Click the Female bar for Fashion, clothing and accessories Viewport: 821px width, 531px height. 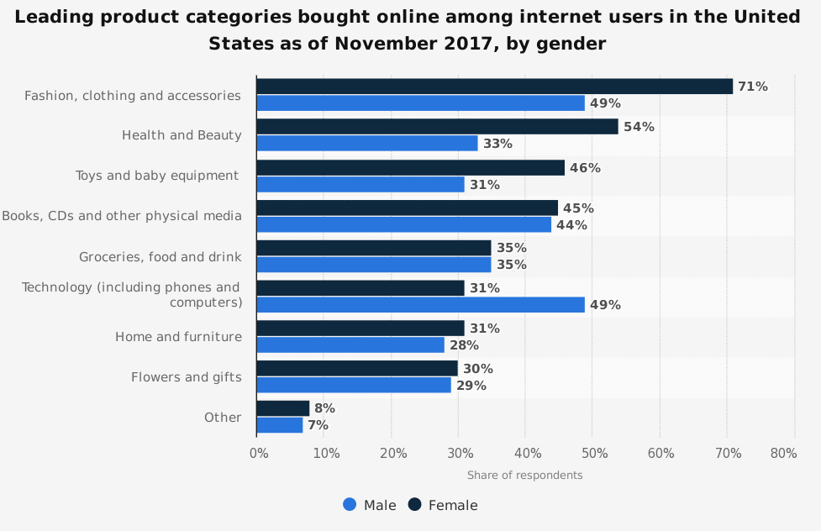coord(494,87)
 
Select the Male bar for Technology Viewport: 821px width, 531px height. coord(420,305)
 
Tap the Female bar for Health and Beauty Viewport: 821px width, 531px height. coord(437,127)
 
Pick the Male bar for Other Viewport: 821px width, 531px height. coord(279,425)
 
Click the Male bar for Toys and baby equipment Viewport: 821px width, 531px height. coord(360,184)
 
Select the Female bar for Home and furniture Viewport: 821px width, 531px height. coord(360,329)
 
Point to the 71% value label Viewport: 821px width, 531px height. coord(752,87)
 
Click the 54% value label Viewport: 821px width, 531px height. coord(639,127)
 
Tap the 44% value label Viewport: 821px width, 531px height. coord(571,224)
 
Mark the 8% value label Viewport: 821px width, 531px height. coord(324,408)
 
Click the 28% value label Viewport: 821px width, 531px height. coord(463,345)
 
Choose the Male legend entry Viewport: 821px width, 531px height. coord(370,505)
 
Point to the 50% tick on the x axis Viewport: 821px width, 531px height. coord(594,454)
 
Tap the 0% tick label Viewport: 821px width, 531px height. coord(259,454)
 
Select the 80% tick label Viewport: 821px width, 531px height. coord(783,454)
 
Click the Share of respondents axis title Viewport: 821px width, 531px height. coord(524,475)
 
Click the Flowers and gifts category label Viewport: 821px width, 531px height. coord(186,377)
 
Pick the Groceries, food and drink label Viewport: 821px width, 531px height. coord(160,256)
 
